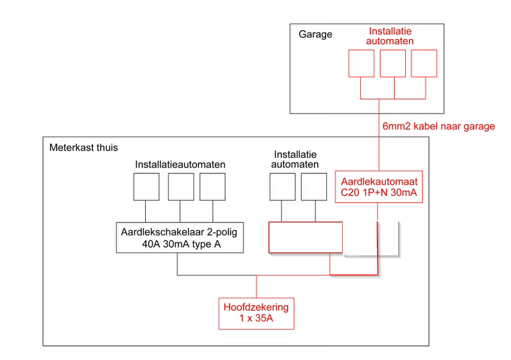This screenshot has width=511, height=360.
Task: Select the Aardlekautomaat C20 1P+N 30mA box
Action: (x=379, y=187)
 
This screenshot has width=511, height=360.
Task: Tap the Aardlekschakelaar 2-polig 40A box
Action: (x=180, y=238)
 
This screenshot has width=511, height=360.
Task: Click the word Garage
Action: (x=315, y=35)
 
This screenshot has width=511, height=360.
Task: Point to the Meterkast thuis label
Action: (x=83, y=148)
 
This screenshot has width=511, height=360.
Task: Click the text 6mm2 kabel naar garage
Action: (x=438, y=126)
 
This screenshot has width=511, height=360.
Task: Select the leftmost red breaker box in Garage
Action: (x=360, y=64)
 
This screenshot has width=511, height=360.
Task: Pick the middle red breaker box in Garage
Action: (x=393, y=64)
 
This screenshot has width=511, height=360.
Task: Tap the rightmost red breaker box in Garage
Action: (x=424, y=64)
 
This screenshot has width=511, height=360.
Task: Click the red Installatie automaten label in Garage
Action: (x=390, y=36)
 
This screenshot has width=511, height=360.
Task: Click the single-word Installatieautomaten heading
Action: (x=180, y=164)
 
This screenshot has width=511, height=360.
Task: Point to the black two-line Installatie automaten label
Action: (x=295, y=160)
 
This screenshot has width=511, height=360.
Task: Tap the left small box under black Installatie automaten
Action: (x=282, y=187)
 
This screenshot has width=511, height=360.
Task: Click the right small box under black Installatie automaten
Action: (x=315, y=187)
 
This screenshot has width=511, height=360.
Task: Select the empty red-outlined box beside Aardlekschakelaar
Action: (x=306, y=237)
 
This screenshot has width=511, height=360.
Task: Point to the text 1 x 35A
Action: (x=256, y=320)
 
